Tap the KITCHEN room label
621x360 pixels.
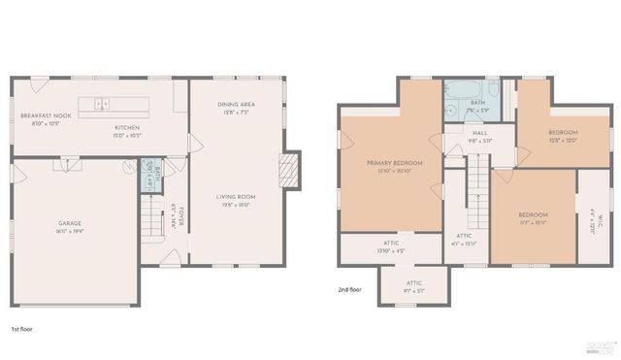(x=127, y=127)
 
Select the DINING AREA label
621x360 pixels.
(x=236, y=104)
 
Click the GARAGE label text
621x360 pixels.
(x=69, y=224)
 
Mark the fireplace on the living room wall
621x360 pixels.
(x=286, y=171)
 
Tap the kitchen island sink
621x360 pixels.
(x=102, y=104)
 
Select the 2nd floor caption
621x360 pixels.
(x=349, y=289)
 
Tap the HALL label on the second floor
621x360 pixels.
(x=480, y=134)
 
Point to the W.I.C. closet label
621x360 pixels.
(x=593, y=219)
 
